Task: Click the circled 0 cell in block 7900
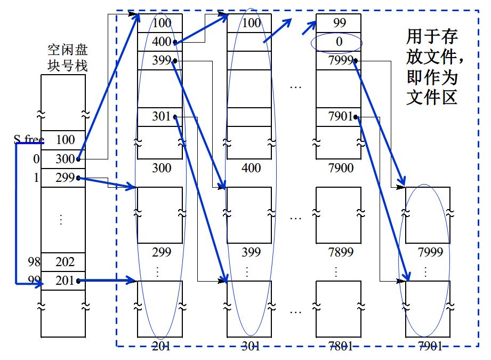point(339,42)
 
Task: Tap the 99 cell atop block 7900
point(339,23)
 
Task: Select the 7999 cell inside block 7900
point(339,60)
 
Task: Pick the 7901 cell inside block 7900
point(339,116)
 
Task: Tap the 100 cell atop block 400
point(251,23)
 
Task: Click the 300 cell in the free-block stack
point(65,159)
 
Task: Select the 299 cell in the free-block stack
point(65,178)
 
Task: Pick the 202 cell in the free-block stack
point(65,262)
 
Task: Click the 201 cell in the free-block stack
point(65,281)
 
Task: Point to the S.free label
point(28,140)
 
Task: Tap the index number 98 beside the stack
point(34,262)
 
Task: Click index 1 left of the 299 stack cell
point(36,178)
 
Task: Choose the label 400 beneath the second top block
point(251,169)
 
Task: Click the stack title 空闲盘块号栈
point(67,58)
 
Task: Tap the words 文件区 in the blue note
point(431,98)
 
